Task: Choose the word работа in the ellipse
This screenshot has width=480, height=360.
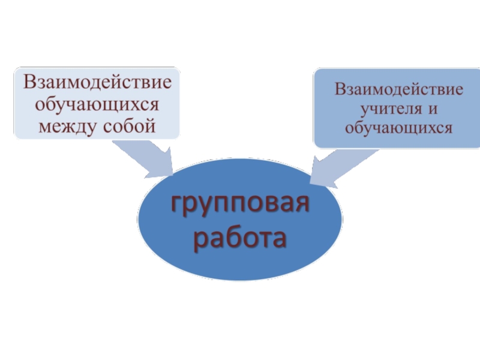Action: tap(240, 238)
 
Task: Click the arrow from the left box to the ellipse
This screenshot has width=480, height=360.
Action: tap(144, 157)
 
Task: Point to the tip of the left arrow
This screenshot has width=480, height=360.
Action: tap(172, 176)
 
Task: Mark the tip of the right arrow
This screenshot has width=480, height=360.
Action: tap(310, 182)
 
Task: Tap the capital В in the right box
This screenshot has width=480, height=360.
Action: tap(340, 91)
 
